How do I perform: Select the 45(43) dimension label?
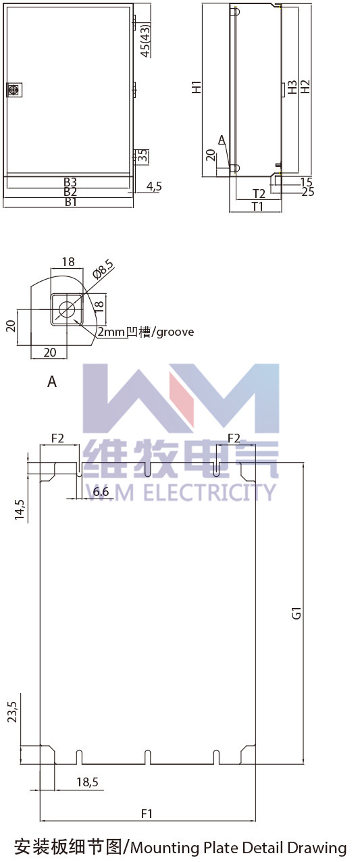146,40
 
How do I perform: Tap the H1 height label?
197,86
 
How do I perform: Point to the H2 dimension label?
305,86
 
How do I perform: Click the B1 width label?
70,202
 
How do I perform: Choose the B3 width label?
70,182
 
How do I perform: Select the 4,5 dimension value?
154,186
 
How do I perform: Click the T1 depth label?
257,206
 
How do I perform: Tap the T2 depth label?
259,194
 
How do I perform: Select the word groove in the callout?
176,332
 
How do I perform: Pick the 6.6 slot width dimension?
101,492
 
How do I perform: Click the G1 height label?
297,613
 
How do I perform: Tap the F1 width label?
147,814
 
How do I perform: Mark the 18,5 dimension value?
88,782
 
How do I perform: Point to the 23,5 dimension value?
12,712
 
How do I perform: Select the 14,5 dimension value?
20,510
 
